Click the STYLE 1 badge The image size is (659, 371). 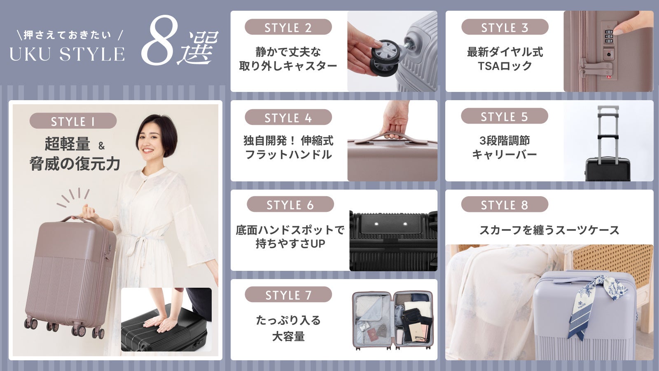(x=73, y=121)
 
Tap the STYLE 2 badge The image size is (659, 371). (x=288, y=27)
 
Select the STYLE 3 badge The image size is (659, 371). (x=505, y=27)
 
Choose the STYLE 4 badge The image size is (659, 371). (x=288, y=117)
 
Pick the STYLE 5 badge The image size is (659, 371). (x=505, y=116)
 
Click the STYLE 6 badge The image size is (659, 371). (x=290, y=204)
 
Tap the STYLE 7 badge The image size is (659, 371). (x=288, y=294)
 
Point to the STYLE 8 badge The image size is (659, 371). (x=505, y=204)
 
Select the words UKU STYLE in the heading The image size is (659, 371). (x=67, y=54)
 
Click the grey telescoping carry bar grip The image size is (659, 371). (x=608, y=109)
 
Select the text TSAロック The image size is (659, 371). (x=505, y=66)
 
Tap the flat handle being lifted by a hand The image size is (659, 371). (x=391, y=139)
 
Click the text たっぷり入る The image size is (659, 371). (x=288, y=320)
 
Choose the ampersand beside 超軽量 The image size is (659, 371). (x=101, y=146)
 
